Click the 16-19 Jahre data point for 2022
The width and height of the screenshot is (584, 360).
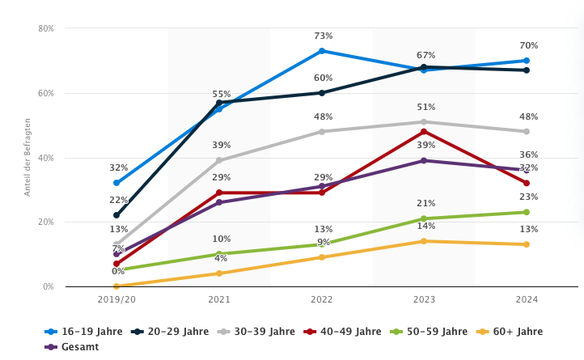tap(321, 51)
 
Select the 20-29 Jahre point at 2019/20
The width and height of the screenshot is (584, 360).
tap(116, 215)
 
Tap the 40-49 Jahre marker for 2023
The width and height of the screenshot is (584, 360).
tap(423, 132)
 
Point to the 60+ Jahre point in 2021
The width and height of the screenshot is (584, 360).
tap(218, 273)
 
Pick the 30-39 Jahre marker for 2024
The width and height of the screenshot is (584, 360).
tap(526, 131)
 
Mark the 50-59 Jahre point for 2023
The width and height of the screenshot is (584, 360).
tap(423, 218)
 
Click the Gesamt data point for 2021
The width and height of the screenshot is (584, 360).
tap(218, 202)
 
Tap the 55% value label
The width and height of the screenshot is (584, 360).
tap(222, 95)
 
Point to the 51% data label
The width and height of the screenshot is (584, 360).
tap(426, 108)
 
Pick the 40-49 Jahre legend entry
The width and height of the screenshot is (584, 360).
tap(345, 332)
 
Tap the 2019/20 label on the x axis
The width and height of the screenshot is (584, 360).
tap(116, 300)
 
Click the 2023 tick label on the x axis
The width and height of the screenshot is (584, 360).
tap(423, 300)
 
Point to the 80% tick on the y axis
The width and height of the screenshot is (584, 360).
tap(46, 28)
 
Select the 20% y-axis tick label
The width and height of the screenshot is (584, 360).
tap(46, 222)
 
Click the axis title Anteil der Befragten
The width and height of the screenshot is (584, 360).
tap(27, 158)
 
